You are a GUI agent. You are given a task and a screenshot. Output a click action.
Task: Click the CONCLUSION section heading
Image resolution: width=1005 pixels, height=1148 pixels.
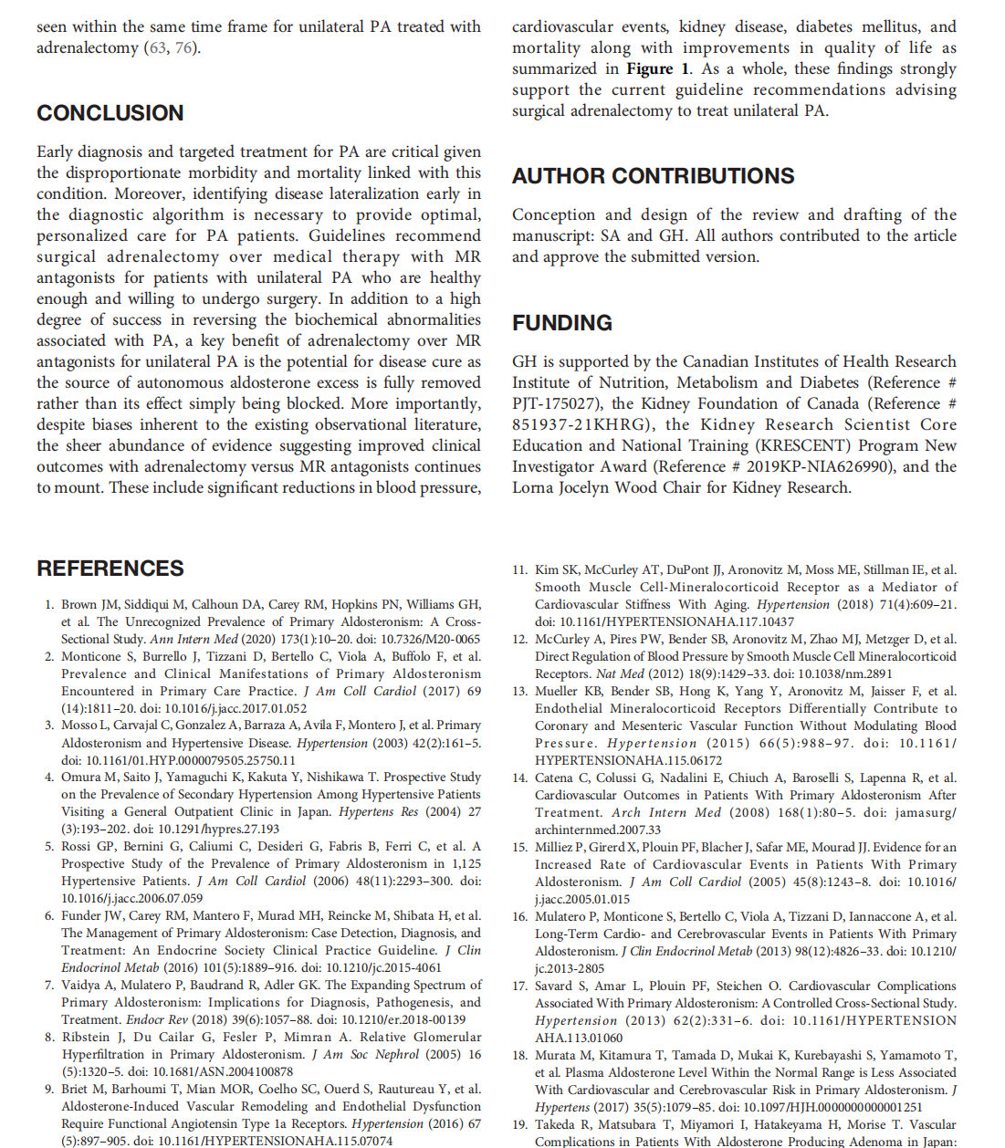110,113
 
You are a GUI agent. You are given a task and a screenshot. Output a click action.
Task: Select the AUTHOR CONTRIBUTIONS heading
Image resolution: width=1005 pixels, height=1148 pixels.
653,176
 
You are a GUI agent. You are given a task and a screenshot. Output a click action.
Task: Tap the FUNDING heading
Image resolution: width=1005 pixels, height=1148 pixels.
561,323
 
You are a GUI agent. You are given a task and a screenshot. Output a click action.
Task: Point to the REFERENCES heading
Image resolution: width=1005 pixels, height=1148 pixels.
110,569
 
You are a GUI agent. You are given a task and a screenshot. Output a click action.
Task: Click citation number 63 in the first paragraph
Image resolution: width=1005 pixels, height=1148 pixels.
158,47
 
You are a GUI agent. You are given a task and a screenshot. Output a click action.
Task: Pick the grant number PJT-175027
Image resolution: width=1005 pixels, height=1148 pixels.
555,403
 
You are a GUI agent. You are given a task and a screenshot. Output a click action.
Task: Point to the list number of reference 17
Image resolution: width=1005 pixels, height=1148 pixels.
519,986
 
